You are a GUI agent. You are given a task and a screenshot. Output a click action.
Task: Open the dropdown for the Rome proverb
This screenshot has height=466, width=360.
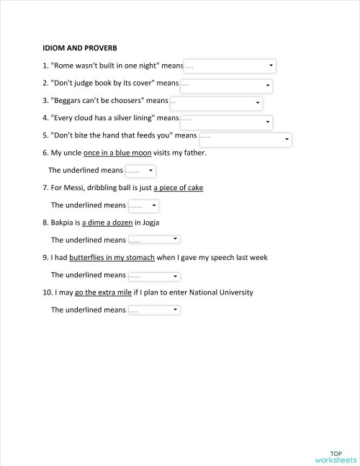(x=230, y=66)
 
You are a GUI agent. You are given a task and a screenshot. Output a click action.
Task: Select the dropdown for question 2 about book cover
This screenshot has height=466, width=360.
(x=226, y=85)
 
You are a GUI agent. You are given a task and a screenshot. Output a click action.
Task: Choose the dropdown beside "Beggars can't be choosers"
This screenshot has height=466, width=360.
(x=216, y=103)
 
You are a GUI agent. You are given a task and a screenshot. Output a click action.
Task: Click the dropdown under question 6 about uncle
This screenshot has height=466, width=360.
(x=140, y=171)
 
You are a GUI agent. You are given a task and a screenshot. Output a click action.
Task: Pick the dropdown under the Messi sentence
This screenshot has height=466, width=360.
(x=143, y=206)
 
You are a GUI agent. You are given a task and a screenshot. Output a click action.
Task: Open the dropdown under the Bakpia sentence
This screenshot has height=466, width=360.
(x=153, y=240)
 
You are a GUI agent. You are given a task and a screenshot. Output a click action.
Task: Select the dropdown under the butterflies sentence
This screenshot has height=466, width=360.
(x=153, y=275)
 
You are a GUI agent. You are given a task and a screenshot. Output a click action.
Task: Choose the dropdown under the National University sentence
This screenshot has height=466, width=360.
(x=153, y=310)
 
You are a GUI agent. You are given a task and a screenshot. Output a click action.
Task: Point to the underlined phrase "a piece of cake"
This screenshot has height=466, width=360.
(x=179, y=188)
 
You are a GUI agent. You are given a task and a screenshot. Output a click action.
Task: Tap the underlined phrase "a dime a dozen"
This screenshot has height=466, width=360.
(x=107, y=223)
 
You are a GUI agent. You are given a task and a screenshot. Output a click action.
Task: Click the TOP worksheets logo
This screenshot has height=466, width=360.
(x=336, y=455)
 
